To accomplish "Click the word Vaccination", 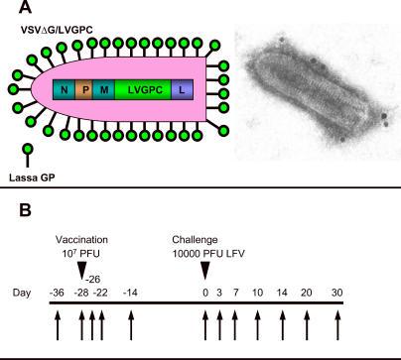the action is [83, 241].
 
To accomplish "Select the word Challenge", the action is [205, 241].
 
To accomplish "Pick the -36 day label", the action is [57, 294].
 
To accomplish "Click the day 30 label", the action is [336, 294].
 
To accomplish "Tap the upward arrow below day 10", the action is [258, 324].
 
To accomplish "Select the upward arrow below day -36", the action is [57, 324].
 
